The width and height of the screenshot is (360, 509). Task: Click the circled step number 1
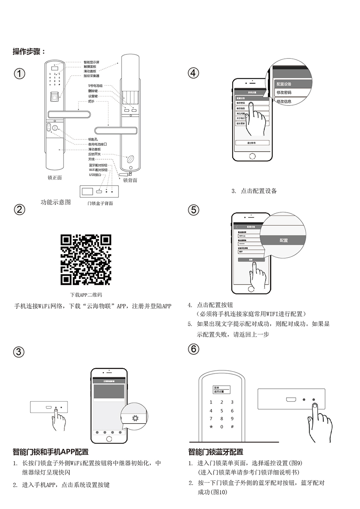(19, 73)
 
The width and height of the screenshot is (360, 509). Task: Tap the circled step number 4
(193, 73)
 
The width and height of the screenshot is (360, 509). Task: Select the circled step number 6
(193, 349)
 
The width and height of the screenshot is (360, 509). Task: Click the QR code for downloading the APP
(86, 260)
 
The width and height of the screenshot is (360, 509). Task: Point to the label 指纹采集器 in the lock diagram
(91, 76)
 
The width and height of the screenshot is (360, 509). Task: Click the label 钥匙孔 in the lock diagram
(93, 139)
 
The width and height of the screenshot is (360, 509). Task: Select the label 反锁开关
(94, 154)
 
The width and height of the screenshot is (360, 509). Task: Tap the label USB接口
(95, 175)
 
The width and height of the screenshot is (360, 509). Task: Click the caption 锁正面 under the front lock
(55, 178)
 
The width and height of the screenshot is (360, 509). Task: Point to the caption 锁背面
(130, 180)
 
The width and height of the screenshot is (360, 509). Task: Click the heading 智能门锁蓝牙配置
(216, 452)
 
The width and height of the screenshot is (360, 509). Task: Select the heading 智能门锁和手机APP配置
(51, 452)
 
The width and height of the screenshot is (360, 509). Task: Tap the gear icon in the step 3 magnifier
(135, 418)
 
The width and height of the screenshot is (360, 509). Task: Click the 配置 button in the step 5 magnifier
(283, 240)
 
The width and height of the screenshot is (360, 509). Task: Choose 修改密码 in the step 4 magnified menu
(284, 93)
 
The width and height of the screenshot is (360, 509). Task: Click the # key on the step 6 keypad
(232, 427)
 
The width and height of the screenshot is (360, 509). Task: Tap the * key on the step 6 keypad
(211, 427)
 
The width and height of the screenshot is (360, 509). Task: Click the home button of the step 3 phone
(109, 439)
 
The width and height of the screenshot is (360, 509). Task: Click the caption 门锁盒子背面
(100, 203)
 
